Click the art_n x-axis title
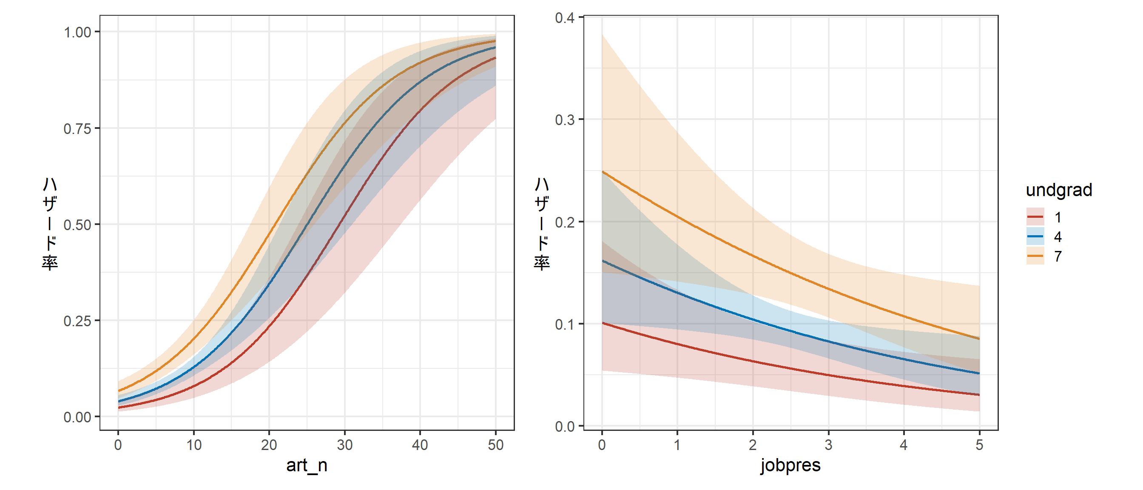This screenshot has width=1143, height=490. pyautogui.click(x=307, y=466)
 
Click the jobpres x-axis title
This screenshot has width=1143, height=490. pyautogui.click(x=790, y=466)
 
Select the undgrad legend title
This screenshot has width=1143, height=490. pyautogui.click(x=1059, y=190)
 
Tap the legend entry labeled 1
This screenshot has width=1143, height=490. pyautogui.click(x=1058, y=217)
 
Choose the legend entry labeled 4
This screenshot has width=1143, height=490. pyautogui.click(x=1058, y=237)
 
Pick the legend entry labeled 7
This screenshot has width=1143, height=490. pyautogui.click(x=1058, y=256)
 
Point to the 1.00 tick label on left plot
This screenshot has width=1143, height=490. pyautogui.click(x=77, y=32)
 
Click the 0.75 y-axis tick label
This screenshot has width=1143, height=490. pyautogui.click(x=77, y=129)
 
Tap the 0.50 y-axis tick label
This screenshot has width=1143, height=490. pyautogui.click(x=77, y=225)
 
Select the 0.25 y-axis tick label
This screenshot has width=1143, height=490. pyautogui.click(x=77, y=321)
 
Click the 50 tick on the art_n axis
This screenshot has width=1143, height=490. pyautogui.click(x=496, y=445)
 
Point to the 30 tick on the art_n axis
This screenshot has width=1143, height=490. pyautogui.click(x=345, y=445)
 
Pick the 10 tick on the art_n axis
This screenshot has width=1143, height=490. pyautogui.click(x=194, y=445)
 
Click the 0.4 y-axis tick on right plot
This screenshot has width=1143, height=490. pyautogui.click(x=564, y=18)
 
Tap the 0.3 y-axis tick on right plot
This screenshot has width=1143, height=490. pyautogui.click(x=564, y=120)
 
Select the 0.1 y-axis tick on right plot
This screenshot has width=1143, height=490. pyautogui.click(x=564, y=325)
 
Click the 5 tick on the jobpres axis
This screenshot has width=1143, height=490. pyautogui.click(x=979, y=445)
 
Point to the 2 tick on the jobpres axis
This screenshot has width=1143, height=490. pyautogui.click(x=753, y=445)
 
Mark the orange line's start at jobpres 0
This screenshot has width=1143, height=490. pyautogui.click(x=602, y=172)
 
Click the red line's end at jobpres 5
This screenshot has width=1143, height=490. pyautogui.click(x=979, y=395)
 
